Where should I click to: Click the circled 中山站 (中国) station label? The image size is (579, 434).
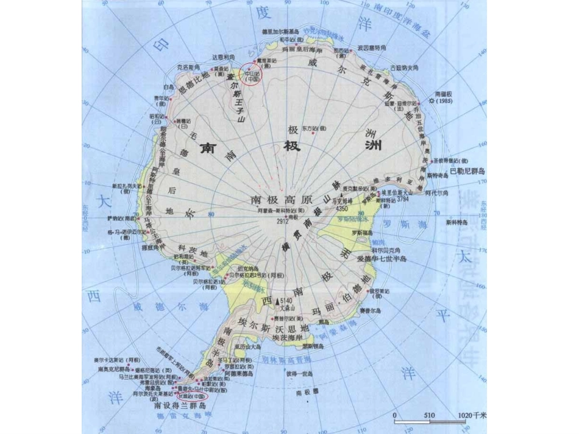tap(252, 75)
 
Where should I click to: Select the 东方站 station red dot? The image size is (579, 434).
tap(313, 133)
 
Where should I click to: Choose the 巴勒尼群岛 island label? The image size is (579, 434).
tap(466, 172)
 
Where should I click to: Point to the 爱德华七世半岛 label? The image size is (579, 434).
tap(386, 259)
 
